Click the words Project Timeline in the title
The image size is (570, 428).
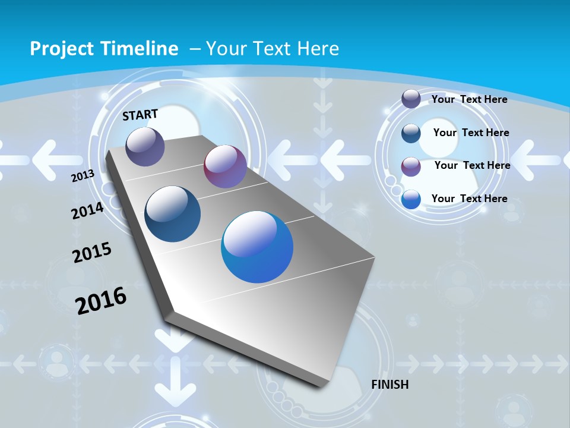click(104, 49)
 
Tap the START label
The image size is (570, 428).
click(140, 115)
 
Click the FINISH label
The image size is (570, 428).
click(390, 385)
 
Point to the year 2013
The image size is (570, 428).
click(83, 176)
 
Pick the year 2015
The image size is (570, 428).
click(92, 252)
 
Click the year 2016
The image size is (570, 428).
click(101, 301)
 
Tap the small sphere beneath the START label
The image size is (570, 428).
click(145, 146)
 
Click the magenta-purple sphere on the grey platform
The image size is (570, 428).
click(225, 166)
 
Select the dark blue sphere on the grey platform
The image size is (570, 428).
click(173, 214)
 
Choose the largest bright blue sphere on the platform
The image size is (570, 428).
click(257, 247)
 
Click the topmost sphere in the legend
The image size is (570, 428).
click(411, 99)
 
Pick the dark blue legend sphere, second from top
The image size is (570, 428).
click(411, 133)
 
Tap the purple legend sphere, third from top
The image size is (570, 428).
click(411, 166)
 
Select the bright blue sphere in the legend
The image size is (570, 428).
click(411, 199)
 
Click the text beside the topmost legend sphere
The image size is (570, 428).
click(469, 99)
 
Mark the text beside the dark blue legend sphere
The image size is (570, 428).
click(471, 133)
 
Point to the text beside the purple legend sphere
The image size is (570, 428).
click(472, 165)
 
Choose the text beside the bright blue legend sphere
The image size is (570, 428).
click(469, 199)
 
